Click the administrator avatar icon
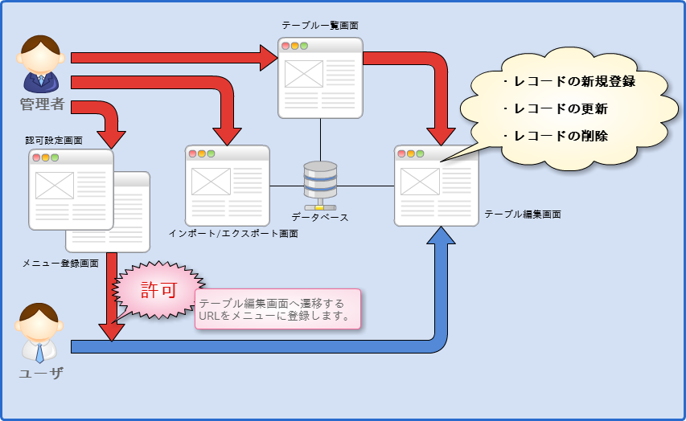pyautogui.click(x=40, y=63)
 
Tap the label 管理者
pyautogui.click(x=42, y=104)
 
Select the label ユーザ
pyautogui.click(x=40, y=373)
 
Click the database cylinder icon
pyautogui.click(x=320, y=181)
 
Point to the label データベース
pyautogui.click(x=320, y=217)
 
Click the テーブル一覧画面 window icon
pyautogui.click(x=320, y=77)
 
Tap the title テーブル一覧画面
pyautogui.click(x=320, y=26)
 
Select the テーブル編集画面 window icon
pyautogui.click(x=436, y=186)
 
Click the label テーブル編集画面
pyautogui.click(x=522, y=215)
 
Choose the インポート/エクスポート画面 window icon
pyautogui.click(x=227, y=186)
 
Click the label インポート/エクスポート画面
pyautogui.click(x=233, y=234)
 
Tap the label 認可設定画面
pyautogui.click(x=54, y=140)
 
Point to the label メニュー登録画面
pyautogui.click(x=60, y=264)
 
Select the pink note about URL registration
pyautogui.click(x=277, y=309)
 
